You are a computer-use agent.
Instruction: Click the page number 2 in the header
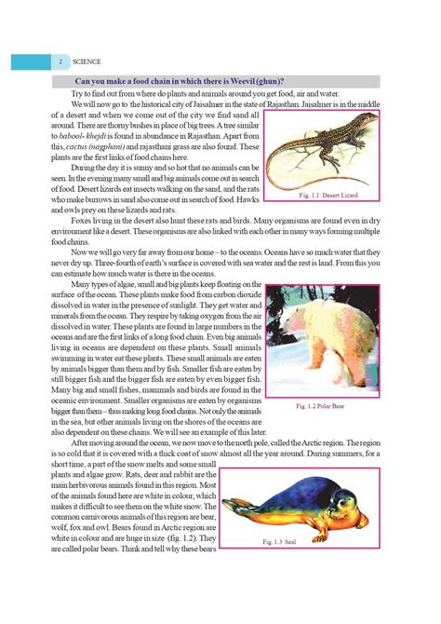60,61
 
